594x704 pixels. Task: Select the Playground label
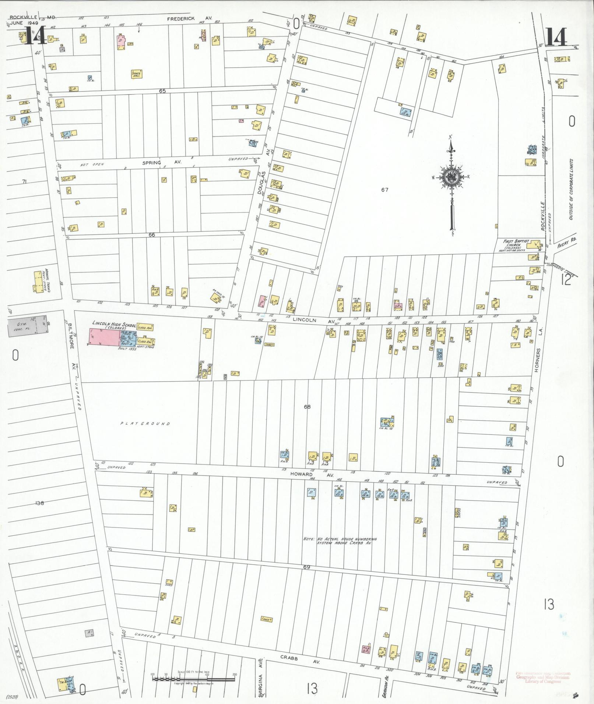pos(145,424)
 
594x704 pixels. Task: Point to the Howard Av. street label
pos(312,474)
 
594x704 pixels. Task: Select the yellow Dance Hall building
pos(137,74)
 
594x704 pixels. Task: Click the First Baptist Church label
pos(516,244)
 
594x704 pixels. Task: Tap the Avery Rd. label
pos(567,243)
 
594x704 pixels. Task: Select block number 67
pos(384,190)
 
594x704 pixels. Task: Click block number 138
pos(39,503)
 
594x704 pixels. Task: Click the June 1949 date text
pos(22,23)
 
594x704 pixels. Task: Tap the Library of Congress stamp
pos(542,677)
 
